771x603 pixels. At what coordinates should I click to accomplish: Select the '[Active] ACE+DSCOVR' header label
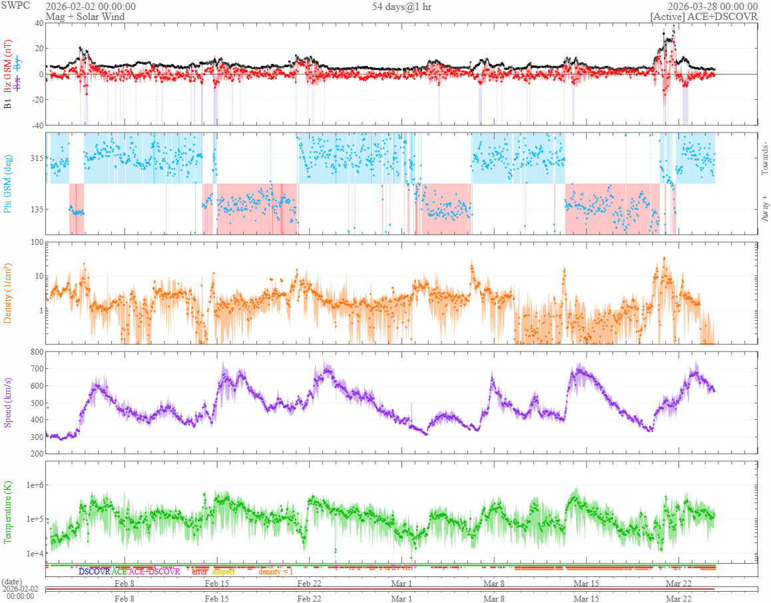click(704, 17)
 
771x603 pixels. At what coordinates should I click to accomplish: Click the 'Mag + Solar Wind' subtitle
click(85, 17)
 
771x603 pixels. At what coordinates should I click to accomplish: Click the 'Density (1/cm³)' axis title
click(8, 292)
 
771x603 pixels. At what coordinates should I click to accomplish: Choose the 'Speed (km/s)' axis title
click(8, 401)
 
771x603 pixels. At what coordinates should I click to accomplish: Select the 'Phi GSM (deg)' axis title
click(8, 183)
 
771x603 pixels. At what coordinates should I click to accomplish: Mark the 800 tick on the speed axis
click(36, 351)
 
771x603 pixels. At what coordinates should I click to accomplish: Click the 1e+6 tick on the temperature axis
click(33, 485)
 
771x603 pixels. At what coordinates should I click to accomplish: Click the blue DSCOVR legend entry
click(94, 572)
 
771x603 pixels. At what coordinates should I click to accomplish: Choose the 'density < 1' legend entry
click(276, 572)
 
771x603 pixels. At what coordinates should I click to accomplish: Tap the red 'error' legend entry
click(200, 572)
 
